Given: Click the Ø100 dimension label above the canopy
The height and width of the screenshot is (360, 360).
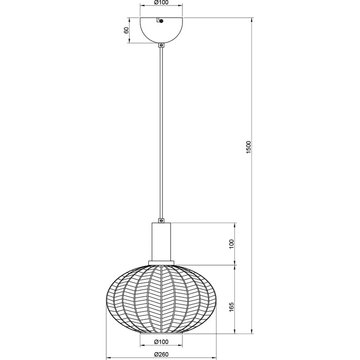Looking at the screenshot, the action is (x=161, y=2).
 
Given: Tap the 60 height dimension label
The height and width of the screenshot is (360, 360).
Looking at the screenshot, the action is (x=126, y=30).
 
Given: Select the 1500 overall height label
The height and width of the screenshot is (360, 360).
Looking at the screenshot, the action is (x=248, y=147).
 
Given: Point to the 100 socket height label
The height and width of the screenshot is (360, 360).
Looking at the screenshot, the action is (x=231, y=244).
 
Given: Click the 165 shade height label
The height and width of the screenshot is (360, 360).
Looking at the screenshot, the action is (x=231, y=307).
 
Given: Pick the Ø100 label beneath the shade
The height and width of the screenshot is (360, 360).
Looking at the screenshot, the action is (x=161, y=342).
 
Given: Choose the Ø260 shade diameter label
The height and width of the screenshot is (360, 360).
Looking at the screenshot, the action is (x=161, y=355).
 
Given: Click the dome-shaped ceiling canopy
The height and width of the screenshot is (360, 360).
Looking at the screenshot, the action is (x=161, y=30).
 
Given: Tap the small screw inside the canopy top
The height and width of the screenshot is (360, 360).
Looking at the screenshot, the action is (x=161, y=21).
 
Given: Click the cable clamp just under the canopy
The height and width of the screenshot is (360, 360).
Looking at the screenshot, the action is (x=161, y=45).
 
